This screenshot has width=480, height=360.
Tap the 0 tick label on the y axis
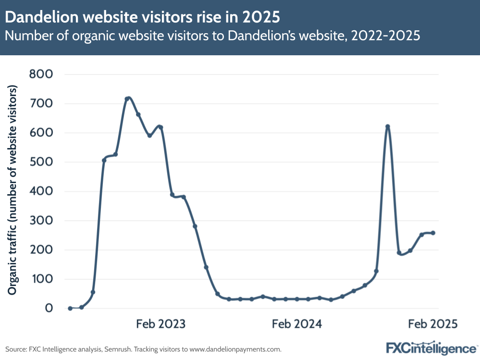[49, 308]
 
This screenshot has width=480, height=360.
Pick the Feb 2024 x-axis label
[297, 323]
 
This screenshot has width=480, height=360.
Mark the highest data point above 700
[127, 99]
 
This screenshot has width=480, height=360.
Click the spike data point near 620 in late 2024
[387, 127]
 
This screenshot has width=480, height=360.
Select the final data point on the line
[433, 233]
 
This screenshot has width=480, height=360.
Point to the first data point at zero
[70, 308]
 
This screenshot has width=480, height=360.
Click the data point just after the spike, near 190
[399, 252]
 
